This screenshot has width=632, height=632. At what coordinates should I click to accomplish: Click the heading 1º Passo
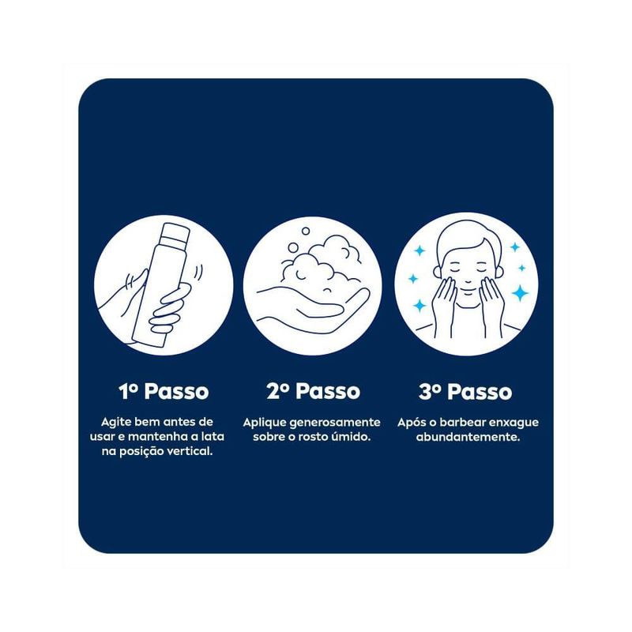tap(164, 391)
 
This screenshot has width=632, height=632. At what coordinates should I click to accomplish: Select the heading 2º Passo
tap(313, 391)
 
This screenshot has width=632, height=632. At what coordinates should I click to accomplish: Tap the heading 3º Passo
tap(465, 391)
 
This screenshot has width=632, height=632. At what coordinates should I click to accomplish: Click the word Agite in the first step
tap(115, 423)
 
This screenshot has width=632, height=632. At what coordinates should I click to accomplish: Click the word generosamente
tap(335, 423)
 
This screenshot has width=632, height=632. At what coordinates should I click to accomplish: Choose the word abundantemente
tap(468, 437)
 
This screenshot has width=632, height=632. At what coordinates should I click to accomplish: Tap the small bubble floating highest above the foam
tap(306, 231)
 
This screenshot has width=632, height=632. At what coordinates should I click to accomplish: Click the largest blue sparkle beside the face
tap(521, 293)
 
